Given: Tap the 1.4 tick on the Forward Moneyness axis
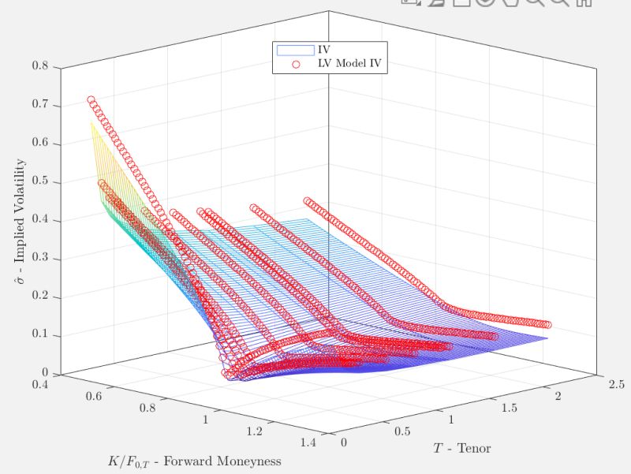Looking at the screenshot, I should [x=308, y=445].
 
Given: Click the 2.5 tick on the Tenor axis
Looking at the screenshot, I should [x=616, y=385].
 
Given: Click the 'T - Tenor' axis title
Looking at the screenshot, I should [x=461, y=448].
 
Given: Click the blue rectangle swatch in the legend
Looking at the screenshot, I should [x=289, y=50].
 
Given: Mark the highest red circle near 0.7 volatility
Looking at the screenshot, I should [x=91, y=100].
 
